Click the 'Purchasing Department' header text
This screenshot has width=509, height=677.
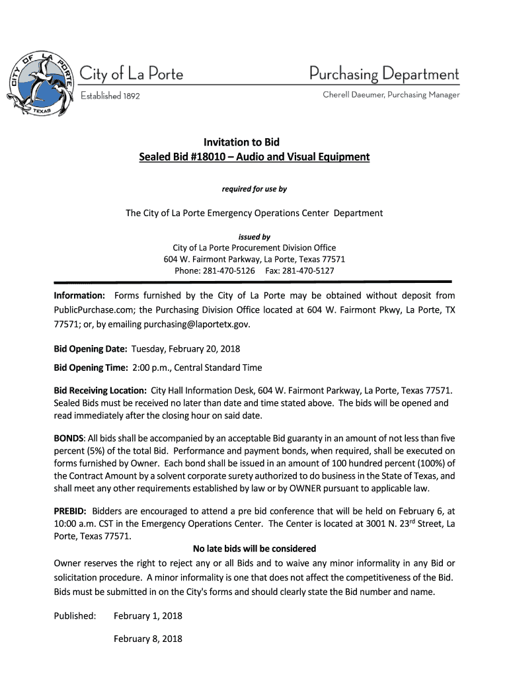[x=384, y=73]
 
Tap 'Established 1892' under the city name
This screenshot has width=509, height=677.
[x=110, y=96]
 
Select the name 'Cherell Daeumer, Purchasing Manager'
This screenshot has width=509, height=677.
[x=391, y=95]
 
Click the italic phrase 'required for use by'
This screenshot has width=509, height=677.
[x=254, y=189]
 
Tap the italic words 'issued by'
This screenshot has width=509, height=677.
[x=254, y=237]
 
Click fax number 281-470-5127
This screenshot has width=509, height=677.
[x=308, y=271]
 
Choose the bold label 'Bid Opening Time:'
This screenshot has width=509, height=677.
[x=91, y=368]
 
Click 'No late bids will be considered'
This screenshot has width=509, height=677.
[x=254, y=549]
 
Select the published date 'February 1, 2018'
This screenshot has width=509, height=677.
[x=148, y=616]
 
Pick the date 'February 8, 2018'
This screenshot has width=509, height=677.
[x=148, y=639]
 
